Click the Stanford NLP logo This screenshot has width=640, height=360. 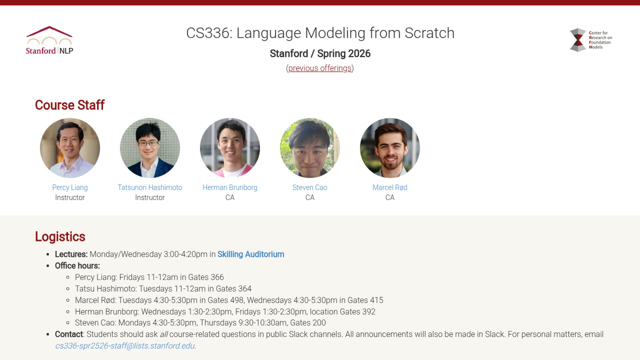pos(49,40)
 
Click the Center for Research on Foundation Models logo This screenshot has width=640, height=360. pos(591,40)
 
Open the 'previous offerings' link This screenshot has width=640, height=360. pos(320,68)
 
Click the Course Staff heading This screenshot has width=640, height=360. pos(70,105)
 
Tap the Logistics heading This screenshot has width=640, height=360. pos(60,237)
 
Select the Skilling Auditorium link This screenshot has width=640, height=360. pos(251,254)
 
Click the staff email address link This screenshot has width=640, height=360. pos(125,346)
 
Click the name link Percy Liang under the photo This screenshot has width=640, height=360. pos(70,188)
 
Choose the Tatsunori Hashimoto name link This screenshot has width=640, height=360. pos(150,188)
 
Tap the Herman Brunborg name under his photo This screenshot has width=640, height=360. pos(230,188)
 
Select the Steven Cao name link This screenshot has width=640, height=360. pos(310,188)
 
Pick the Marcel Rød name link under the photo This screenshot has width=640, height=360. pos(390,188)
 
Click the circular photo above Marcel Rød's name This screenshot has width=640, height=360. pos(390,148)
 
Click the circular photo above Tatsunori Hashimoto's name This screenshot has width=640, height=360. pos(150,148)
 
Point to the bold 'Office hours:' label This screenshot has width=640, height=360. pos(77,266)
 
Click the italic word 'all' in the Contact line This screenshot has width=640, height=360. pos(164,334)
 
